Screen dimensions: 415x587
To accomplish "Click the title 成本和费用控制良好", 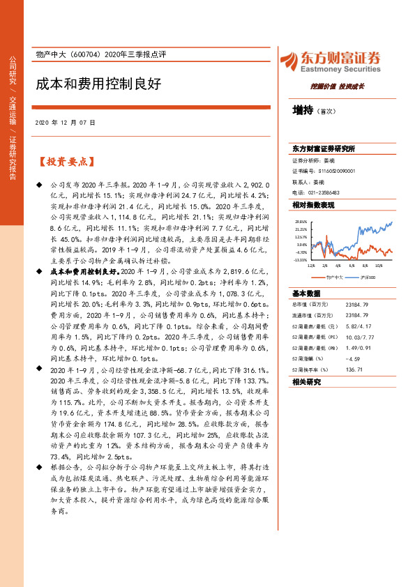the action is [98, 84].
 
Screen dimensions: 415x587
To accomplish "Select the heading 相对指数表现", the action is [313, 205].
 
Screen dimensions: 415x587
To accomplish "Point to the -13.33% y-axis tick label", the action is [301, 259].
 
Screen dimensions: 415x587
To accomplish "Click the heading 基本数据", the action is [306, 293].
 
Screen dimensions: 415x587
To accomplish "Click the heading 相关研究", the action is [306, 382].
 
